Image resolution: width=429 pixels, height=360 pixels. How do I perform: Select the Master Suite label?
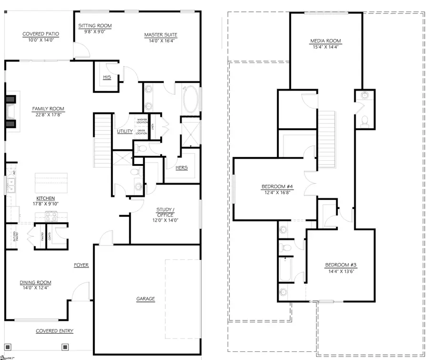point(161,34)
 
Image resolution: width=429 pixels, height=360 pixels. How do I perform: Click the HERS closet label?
point(182,167)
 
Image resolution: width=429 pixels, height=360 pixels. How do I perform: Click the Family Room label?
point(48,109)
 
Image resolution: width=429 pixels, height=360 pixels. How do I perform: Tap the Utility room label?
point(124,131)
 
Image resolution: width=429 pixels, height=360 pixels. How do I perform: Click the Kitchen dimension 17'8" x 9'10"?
point(46,204)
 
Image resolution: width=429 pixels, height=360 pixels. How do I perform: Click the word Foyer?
point(81,265)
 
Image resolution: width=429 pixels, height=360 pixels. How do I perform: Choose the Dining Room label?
point(35,282)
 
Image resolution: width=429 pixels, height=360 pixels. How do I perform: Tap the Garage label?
point(146,299)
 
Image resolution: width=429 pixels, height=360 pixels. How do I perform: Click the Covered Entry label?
point(54,331)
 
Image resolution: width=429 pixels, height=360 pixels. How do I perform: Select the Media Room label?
point(325,41)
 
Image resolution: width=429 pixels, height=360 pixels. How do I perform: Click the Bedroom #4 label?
point(276,186)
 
